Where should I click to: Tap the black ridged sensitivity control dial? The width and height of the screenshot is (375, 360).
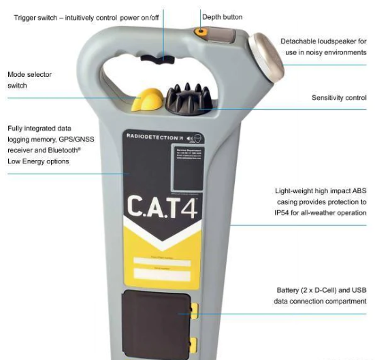coord(187,97)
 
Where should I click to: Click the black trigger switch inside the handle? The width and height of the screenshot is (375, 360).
coord(161,62)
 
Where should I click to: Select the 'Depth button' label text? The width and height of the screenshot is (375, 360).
coord(222,17)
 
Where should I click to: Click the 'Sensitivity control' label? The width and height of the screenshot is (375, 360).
coord(339,98)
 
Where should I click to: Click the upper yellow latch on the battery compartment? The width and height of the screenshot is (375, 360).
coord(194,311)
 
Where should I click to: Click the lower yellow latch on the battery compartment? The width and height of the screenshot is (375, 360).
coord(194,343)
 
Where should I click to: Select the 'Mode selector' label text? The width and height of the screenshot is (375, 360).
coord(29,74)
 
